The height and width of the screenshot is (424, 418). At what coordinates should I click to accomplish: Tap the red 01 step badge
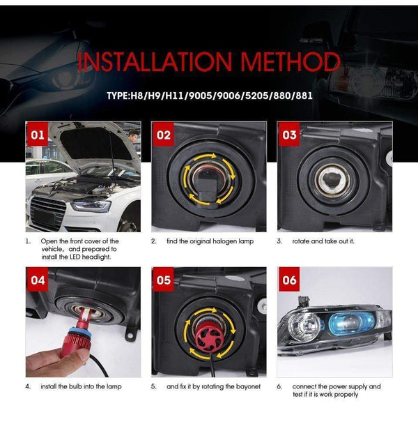click(38, 135)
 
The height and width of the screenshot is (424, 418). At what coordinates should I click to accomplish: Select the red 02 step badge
click(164, 135)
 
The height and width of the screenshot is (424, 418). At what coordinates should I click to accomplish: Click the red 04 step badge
click(38, 280)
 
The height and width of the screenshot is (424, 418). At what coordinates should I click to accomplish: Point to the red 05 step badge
click(164, 280)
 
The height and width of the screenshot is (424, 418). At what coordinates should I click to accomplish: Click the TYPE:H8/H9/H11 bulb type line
click(209, 96)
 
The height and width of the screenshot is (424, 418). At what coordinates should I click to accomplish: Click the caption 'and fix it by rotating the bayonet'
click(212, 386)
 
